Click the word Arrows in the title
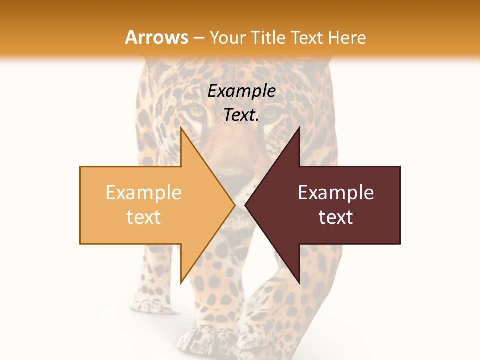[x=156, y=37]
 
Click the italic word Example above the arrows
[x=241, y=91]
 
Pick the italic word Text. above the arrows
[x=241, y=115]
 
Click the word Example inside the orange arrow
[x=144, y=193]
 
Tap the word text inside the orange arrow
[x=144, y=217]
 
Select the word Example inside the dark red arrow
[x=336, y=193]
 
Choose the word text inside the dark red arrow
[x=336, y=217]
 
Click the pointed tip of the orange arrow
[x=234, y=205]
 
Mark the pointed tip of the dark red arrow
[x=246, y=205]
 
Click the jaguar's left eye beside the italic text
[x=197, y=110]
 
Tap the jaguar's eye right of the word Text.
[x=272, y=113]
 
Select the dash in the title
[x=198, y=38]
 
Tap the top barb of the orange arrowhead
[x=181, y=129]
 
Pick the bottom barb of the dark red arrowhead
[x=299, y=282]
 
